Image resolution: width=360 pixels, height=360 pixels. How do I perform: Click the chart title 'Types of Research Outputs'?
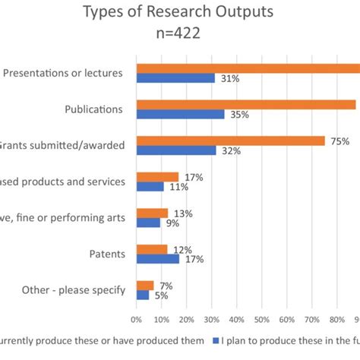coord(179,12)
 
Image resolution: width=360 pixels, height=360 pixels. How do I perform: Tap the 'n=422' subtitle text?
coord(179,34)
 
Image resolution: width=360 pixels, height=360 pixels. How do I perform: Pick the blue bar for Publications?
coord(180,115)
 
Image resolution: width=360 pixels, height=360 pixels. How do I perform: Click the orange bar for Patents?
coord(152,249)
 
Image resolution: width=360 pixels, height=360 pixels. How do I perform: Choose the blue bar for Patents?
coord(158,259)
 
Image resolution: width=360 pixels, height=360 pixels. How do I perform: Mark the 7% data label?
coord(166,286)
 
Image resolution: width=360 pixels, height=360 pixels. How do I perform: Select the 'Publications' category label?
coord(94,109)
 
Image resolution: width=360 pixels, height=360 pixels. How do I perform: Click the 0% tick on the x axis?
coord(137,321)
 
